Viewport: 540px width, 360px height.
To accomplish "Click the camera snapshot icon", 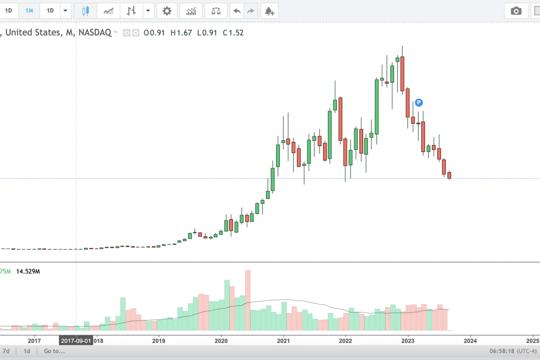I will [x=516, y=11].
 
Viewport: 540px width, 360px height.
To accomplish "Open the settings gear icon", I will [x=167, y=11].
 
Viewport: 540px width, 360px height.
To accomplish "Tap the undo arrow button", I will [x=237, y=11].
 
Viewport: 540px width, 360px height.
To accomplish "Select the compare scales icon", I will [x=216, y=11].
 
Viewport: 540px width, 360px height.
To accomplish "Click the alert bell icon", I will [x=270, y=11].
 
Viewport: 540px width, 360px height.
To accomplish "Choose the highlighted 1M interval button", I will [x=29, y=11].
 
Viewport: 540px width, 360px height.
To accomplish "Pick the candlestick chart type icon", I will [x=86, y=11].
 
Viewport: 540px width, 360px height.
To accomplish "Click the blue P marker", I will [x=419, y=102].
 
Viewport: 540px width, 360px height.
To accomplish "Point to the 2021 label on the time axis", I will [x=283, y=341].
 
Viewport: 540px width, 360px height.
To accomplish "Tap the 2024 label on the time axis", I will [x=470, y=341].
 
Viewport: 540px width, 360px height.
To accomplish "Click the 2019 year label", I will [x=158, y=341].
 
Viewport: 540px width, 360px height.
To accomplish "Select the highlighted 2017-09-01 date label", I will [x=76, y=341].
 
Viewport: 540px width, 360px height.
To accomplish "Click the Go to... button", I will [x=54, y=351].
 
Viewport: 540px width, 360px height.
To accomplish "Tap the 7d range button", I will [x=6, y=351].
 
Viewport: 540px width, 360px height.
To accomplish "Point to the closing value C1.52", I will [x=233, y=33].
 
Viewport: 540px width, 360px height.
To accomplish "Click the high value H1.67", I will [x=181, y=33].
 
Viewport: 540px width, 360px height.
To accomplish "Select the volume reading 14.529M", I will [x=28, y=272].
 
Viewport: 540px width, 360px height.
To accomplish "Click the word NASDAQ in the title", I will [x=95, y=32].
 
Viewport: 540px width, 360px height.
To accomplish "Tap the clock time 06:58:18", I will [x=502, y=351].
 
